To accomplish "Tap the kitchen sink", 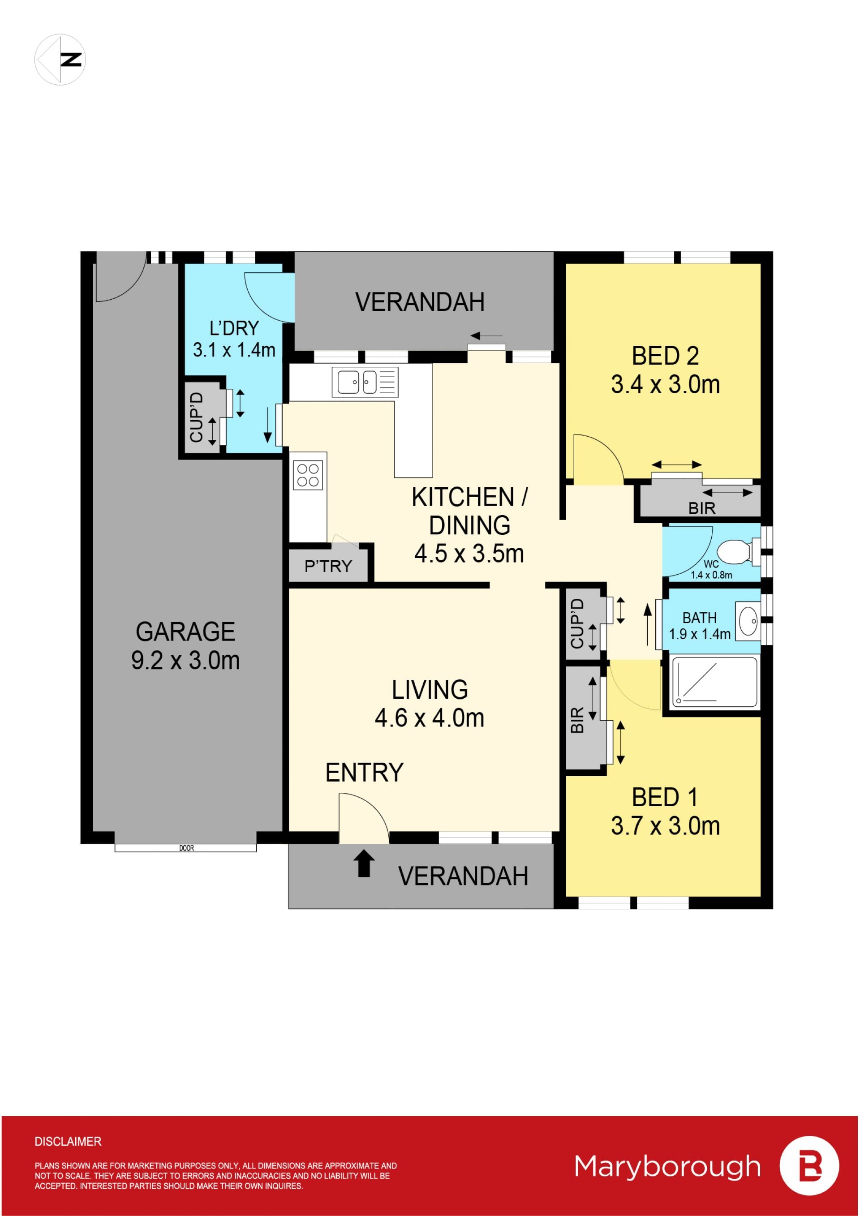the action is (365, 382).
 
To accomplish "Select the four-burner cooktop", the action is (308, 475).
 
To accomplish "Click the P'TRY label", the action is (328, 566).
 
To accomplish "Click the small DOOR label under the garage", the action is (186, 848).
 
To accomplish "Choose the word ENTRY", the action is (364, 772).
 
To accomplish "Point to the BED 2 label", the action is (665, 356).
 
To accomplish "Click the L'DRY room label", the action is (234, 328).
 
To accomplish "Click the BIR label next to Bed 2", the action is (702, 508).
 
